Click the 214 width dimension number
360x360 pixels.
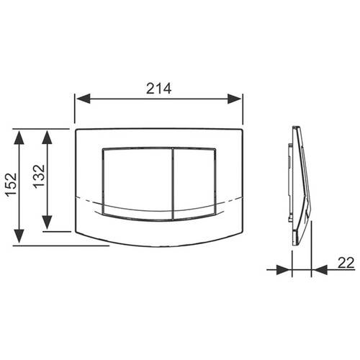[159, 89]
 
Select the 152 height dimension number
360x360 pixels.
[12, 185]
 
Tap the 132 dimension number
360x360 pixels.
[39, 176]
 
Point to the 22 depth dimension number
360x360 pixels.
[346, 263]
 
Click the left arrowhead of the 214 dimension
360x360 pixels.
[84, 99]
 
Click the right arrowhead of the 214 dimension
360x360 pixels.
[234, 99]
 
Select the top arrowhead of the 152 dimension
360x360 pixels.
[19, 138]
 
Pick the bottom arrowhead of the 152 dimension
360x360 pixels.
[19, 236]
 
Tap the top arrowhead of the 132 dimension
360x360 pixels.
[47, 138]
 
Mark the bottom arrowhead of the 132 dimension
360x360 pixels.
[47, 222]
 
